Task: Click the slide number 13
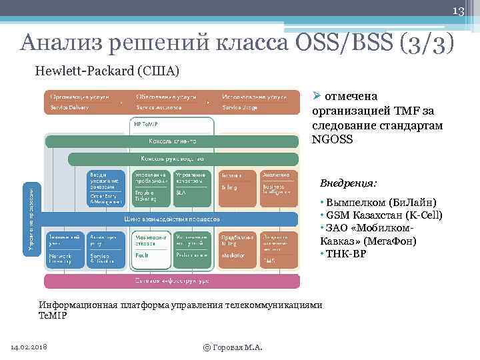click(x=459, y=10)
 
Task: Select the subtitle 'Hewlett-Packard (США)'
click(x=107, y=71)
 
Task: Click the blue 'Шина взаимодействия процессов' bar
click(x=172, y=219)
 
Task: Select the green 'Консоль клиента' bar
click(x=172, y=141)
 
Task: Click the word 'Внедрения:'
click(x=348, y=183)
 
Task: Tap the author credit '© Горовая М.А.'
click(x=233, y=347)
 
